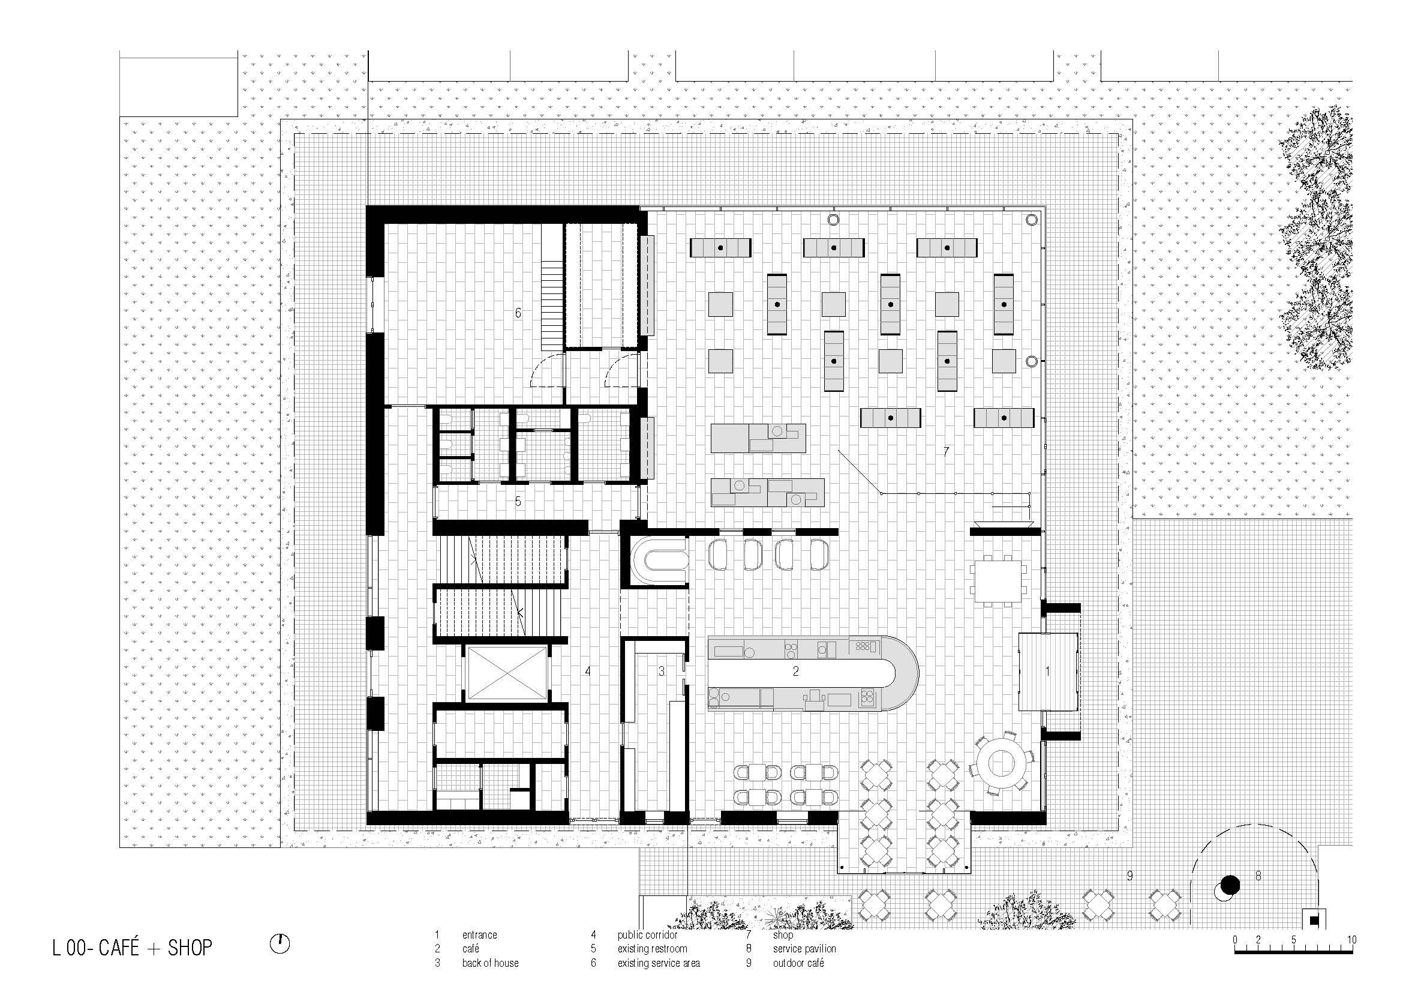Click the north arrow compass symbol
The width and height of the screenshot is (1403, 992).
pos(280,944)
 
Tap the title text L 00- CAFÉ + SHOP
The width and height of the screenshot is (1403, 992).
pos(133,948)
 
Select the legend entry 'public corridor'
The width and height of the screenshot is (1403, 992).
pos(647,934)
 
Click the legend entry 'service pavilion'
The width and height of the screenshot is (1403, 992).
pos(804,949)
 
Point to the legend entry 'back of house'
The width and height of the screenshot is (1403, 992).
pos(490,963)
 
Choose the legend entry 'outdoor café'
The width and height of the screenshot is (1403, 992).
pos(798,963)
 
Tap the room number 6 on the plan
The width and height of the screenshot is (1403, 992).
pos(518,313)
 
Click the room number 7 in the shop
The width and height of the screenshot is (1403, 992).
pos(946,452)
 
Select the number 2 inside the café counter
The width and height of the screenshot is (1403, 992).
pos(795,671)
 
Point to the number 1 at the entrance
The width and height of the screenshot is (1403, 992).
pos(1047,671)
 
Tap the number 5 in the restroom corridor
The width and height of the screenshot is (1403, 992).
pos(518,501)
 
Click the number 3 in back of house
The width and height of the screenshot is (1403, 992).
pos(661,671)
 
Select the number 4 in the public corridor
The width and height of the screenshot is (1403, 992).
pos(588,671)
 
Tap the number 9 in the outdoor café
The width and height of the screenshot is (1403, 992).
pos(1130,875)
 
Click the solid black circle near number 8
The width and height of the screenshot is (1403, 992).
pos(1230,885)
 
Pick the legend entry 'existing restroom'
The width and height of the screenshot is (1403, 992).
pos(652,949)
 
